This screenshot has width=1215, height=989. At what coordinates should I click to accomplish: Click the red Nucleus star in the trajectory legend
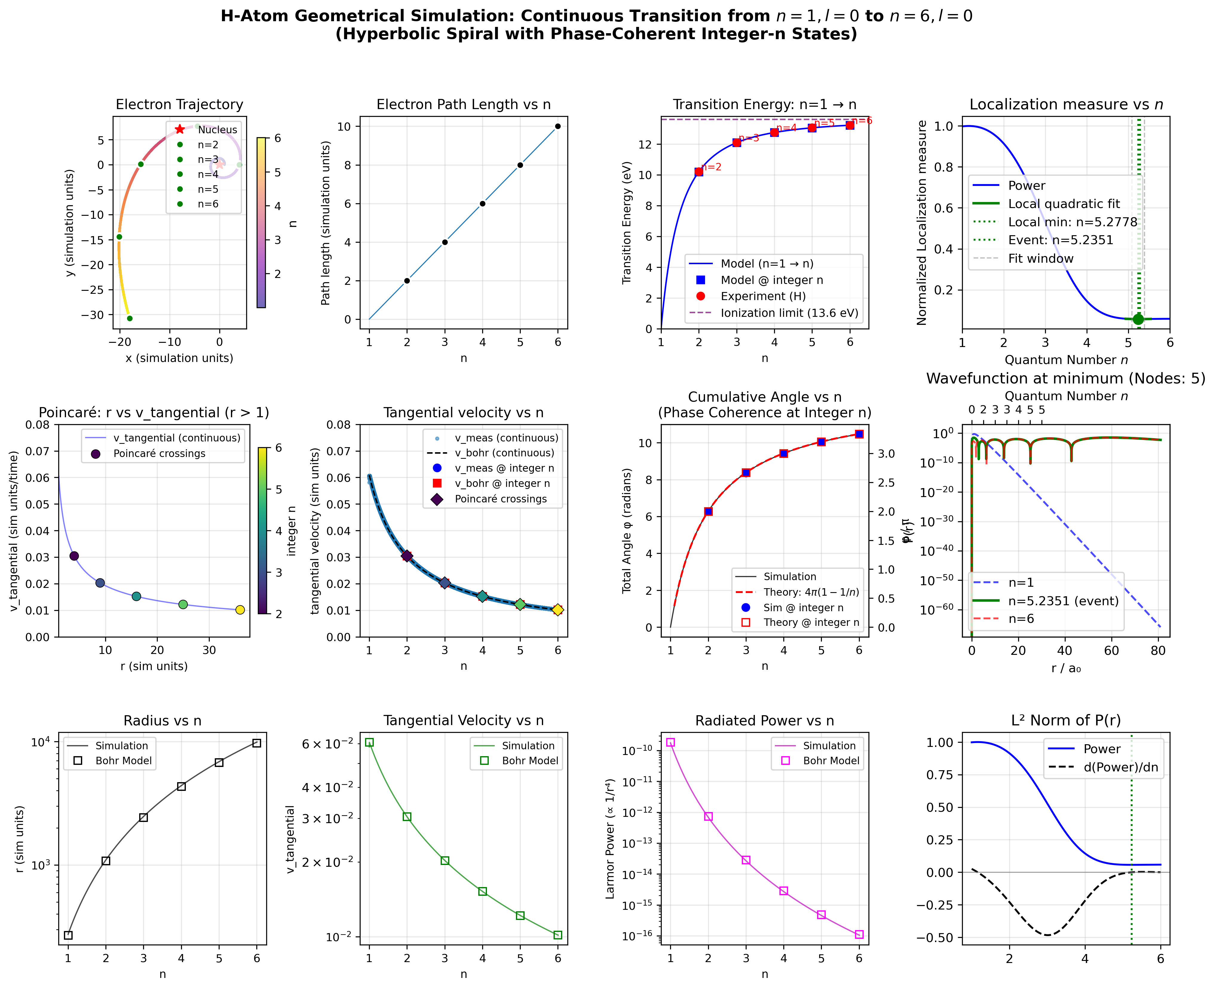[180, 129]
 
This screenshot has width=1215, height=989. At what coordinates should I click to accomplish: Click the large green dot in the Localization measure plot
[1138, 319]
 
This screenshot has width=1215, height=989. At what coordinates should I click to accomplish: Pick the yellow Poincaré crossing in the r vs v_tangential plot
[240, 610]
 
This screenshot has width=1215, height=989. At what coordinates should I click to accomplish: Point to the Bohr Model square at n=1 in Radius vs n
[68, 935]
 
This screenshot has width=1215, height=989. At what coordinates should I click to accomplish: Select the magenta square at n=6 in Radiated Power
[859, 934]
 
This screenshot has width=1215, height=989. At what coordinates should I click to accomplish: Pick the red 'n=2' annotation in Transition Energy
[712, 167]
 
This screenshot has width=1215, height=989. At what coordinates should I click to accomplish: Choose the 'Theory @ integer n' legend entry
[811, 622]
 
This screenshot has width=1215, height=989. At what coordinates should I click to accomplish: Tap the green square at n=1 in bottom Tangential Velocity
[369, 742]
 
